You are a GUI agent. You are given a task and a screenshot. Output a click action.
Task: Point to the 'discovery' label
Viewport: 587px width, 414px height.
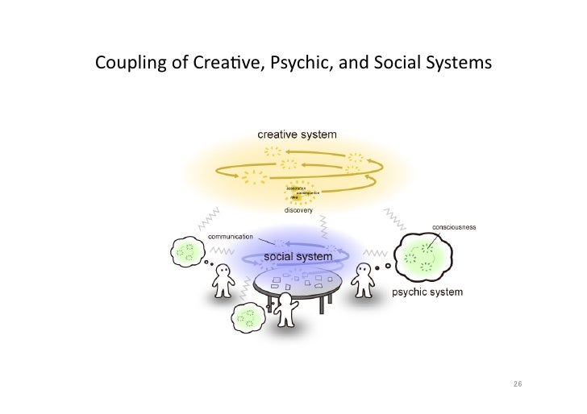pos(298,209)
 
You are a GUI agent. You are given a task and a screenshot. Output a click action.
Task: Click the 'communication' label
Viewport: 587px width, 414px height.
pos(231,237)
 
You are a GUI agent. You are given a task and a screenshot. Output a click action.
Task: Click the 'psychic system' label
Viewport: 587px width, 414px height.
pos(427,292)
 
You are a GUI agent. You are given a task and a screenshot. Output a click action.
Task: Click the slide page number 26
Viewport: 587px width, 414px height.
pos(517,384)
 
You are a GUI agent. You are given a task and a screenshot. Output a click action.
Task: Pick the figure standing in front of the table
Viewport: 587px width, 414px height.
pos(286,310)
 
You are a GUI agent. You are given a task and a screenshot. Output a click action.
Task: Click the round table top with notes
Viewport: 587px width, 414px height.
pos(298,282)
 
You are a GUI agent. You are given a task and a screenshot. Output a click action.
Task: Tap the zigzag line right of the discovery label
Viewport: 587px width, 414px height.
pos(397,216)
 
